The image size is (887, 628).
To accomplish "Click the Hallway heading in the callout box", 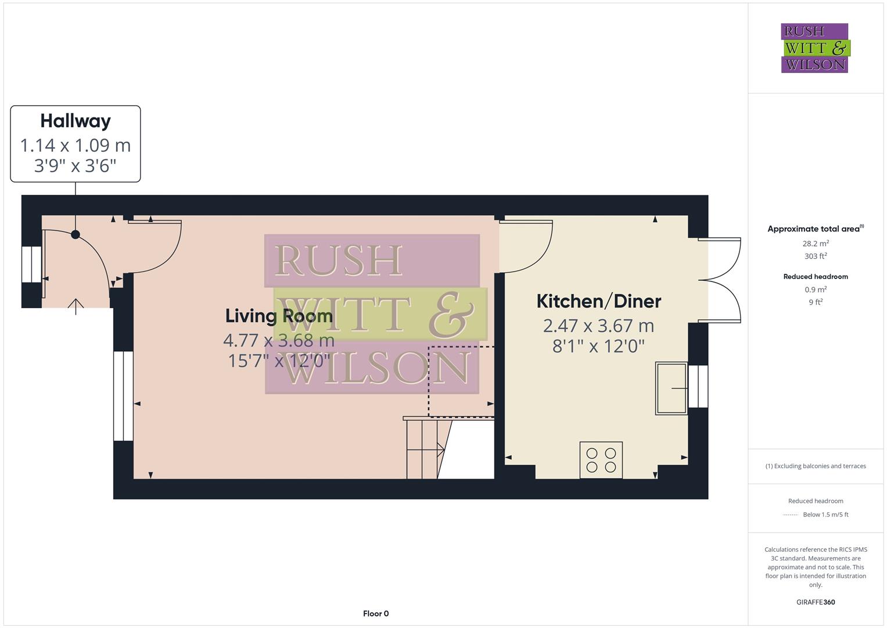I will (76, 121).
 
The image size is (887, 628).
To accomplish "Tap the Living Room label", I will (279, 316).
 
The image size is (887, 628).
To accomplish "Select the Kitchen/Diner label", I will (598, 301).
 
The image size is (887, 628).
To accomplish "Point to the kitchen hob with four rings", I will (601, 460).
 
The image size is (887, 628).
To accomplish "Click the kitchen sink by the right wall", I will (671, 388).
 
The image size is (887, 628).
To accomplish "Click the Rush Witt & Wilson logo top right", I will (814, 48).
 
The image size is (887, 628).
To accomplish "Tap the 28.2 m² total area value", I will (816, 244).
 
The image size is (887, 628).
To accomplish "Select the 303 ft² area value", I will (816, 256).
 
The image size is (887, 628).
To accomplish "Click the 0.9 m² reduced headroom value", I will (816, 290).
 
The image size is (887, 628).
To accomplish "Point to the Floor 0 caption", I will (376, 613).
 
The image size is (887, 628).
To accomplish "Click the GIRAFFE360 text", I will (816, 602).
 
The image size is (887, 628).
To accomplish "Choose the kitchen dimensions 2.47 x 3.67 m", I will (598, 326).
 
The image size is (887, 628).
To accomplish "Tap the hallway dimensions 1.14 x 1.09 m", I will (76, 145).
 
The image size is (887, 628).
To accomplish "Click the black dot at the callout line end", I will (76, 234).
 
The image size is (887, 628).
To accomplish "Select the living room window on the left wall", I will (123, 396).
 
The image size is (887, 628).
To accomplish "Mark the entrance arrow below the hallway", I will (76, 306).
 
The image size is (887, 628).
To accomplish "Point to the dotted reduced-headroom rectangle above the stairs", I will (461, 381).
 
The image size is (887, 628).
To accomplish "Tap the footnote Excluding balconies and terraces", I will (816, 466).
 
